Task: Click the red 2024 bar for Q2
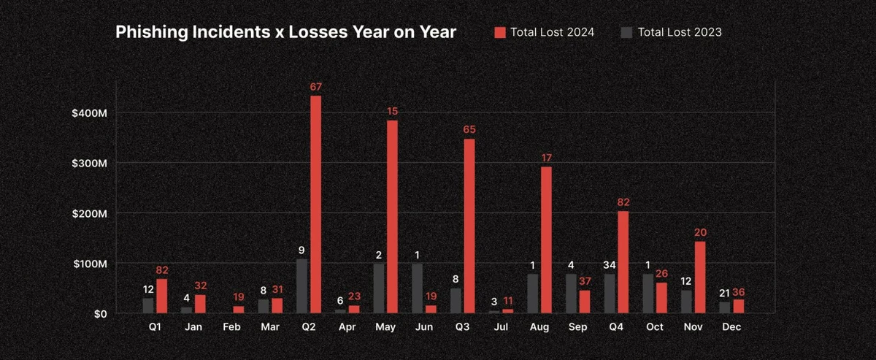[315, 204]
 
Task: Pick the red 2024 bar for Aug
[546, 240]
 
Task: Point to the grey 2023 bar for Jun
[417, 288]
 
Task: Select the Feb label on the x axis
[232, 327]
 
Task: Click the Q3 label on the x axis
[462, 327]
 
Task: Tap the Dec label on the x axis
[731, 327]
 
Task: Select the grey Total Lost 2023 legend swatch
[626, 32]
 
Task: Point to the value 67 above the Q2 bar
[315, 87]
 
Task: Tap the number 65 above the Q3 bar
[469, 130]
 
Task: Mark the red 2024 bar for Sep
[584, 302]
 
